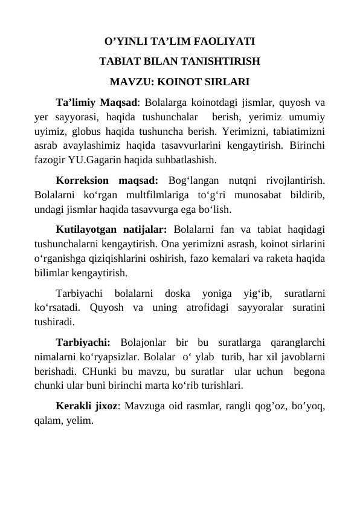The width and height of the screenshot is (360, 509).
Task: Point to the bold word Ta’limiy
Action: pos(75,101)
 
